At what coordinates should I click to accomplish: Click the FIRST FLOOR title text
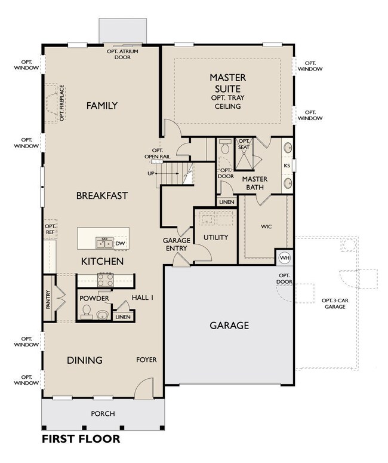[81, 439]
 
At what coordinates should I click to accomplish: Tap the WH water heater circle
[285, 257]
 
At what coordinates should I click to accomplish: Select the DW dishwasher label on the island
[120, 243]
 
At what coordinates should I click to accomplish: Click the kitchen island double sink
[104, 243]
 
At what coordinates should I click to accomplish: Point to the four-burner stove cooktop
[105, 280]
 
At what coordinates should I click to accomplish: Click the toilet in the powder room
[87, 312]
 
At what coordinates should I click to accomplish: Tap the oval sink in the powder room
[103, 315]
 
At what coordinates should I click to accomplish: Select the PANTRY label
[48, 300]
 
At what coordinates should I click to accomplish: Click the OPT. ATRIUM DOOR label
[122, 54]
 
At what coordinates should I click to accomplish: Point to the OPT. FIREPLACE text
[61, 103]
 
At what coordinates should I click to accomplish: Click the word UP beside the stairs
[151, 173]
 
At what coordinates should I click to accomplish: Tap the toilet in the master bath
[226, 146]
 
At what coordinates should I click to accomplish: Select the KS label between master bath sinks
[287, 165]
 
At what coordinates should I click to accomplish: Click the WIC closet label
[266, 226]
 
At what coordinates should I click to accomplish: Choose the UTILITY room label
[215, 237]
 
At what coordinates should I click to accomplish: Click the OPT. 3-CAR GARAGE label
[335, 303]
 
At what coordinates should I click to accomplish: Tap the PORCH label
[103, 413]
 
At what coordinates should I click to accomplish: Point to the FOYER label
[146, 360]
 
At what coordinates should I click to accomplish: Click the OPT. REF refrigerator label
[50, 229]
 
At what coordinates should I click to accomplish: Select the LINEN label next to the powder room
[123, 317]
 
